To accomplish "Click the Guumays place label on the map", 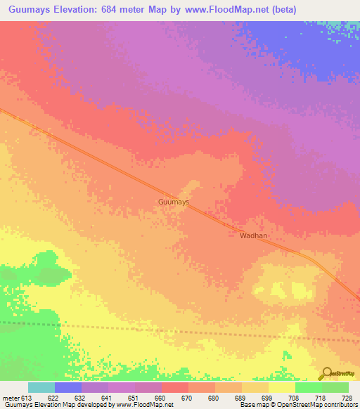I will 173,202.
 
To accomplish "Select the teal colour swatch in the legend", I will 41,387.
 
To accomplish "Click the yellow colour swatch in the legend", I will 281,387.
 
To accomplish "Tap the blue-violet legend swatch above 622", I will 68,387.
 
